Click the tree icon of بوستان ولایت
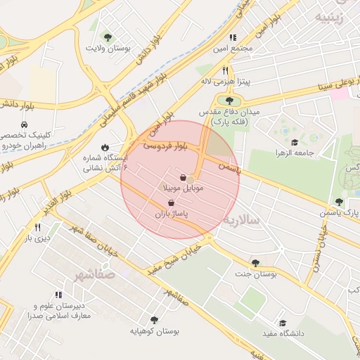point(108,37)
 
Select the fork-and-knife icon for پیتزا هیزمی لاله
point(225,70)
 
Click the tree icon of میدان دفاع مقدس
point(229,101)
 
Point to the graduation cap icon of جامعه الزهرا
point(294,142)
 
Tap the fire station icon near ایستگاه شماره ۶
point(105,148)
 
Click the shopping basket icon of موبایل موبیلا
point(184,178)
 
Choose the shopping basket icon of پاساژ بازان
point(172,202)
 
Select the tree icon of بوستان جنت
point(255,263)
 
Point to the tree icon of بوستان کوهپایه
point(154,320)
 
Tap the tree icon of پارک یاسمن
point(339,202)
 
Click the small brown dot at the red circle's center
point(190,180)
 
